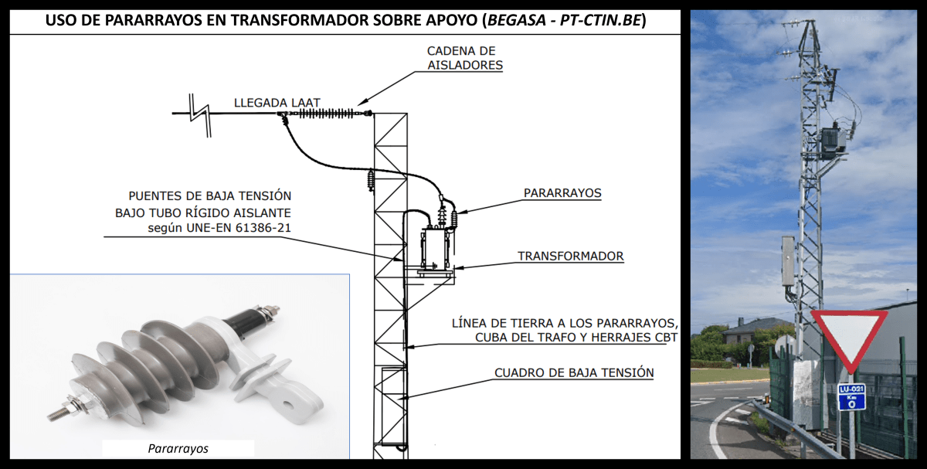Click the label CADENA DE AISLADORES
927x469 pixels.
pos(465,58)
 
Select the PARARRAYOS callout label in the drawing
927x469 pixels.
pos(562,193)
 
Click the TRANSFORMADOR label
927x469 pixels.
pos(570,256)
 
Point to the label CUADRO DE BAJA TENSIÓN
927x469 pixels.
pos(574,373)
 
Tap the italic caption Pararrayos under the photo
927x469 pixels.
pos(178,448)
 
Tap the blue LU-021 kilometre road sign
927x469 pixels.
pos(851,396)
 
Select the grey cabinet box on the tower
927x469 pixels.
pos(788,261)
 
